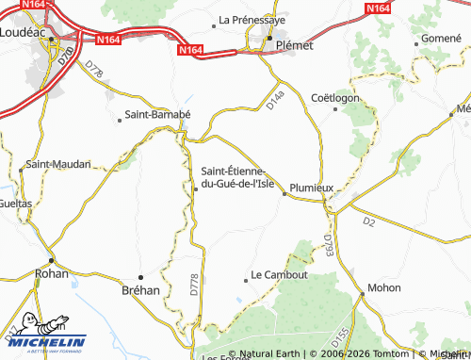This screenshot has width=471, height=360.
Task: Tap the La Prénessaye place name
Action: tap(252, 19)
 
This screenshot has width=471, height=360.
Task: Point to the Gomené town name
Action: tap(442, 38)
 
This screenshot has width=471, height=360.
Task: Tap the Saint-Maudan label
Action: tap(58, 164)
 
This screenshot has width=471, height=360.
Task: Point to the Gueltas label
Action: tap(15, 203)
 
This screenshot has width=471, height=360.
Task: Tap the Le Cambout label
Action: tap(280, 275)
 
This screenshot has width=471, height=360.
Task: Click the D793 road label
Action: tap(328, 246)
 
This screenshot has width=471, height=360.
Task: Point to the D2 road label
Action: tap(369, 221)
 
